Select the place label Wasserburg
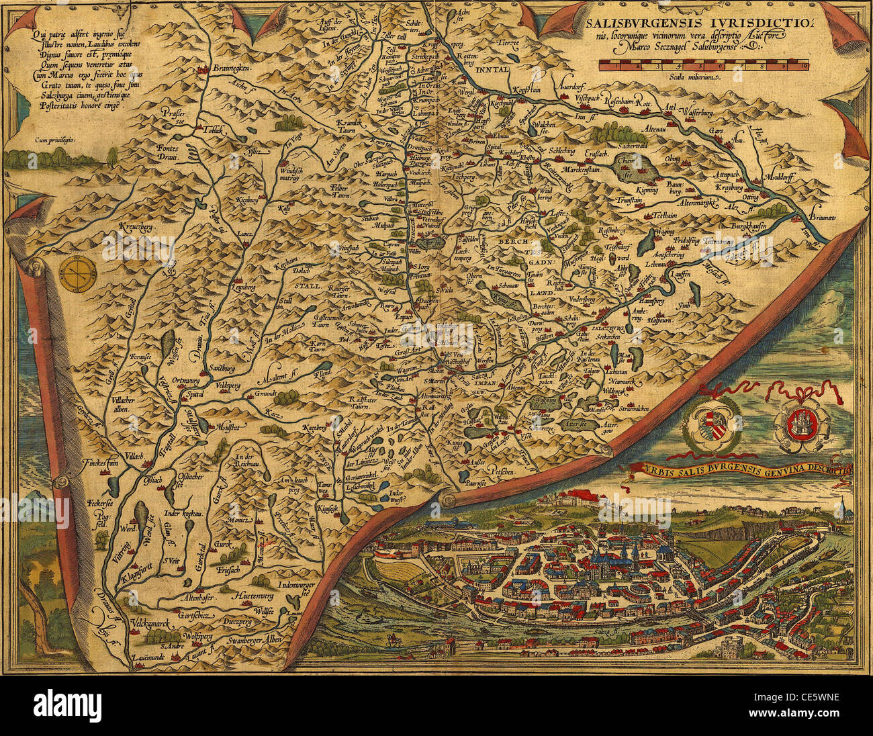(x=705, y=113)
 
